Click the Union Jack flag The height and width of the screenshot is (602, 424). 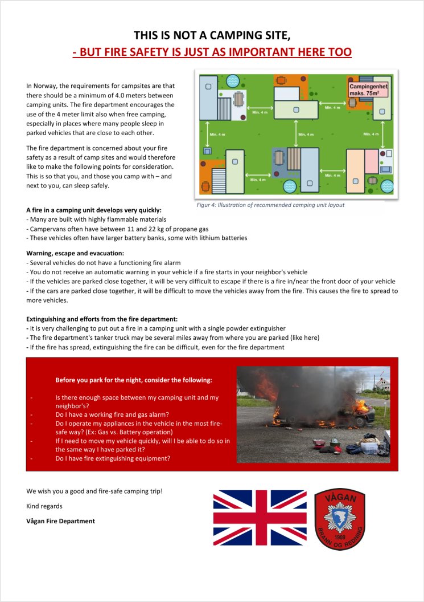[x=260, y=517]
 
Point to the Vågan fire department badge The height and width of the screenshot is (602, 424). [x=340, y=519]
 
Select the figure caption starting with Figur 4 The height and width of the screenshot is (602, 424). [x=270, y=205]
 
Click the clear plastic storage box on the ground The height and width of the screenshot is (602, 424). [x=371, y=449]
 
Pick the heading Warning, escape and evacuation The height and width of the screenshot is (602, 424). [x=75, y=253]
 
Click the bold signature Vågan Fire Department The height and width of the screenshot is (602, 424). [x=60, y=521]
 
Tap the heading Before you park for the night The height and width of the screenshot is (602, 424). [x=133, y=380]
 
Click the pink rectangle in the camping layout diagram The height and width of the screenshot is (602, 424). [x=372, y=161]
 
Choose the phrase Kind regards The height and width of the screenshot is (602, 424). [x=44, y=506]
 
